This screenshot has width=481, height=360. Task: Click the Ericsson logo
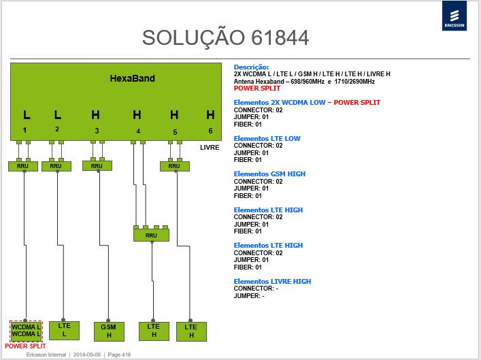454,16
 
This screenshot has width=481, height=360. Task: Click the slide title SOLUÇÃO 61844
225,37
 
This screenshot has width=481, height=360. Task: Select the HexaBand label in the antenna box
132,78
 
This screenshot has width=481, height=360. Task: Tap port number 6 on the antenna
210,131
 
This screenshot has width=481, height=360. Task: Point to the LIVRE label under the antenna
210,147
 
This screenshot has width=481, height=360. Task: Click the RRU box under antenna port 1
23,166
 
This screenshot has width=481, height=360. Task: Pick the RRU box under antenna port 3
97,166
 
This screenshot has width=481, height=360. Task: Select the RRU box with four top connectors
151,235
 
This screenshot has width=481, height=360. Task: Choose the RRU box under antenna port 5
175,166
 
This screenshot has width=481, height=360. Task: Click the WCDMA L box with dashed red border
26,331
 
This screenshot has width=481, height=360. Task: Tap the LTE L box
64,330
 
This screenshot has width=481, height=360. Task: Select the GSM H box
109,331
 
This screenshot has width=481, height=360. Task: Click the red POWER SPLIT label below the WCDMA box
25,346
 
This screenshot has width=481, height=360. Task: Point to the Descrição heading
251,67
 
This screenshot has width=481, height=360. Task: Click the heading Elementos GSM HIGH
269,174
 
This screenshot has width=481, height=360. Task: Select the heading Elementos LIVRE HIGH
272,281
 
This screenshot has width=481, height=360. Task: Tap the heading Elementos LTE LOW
267,138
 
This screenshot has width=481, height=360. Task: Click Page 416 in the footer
119,355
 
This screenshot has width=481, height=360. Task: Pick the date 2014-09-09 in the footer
87,355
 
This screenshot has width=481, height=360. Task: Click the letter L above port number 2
57,115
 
